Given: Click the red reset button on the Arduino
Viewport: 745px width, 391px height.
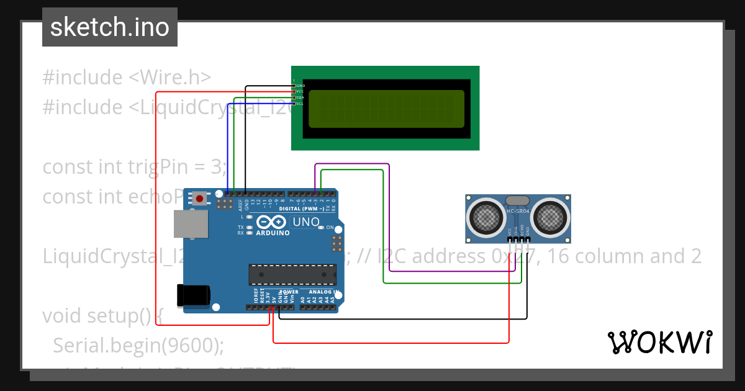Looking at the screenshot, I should (x=200, y=199).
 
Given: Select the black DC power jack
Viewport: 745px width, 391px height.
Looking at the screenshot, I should (x=192, y=295).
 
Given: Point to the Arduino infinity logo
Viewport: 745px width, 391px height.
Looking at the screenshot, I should (x=271, y=222).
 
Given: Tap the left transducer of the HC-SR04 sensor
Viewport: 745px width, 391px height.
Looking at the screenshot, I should (x=486, y=217).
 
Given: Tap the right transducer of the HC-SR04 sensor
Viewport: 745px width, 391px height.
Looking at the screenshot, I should (x=549, y=217).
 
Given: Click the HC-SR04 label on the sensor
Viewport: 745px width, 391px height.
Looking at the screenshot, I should (x=518, y=211).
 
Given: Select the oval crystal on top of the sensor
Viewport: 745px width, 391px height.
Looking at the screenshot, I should (x=518, y=200).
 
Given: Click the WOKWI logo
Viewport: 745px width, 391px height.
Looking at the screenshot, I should (x=659, y=342).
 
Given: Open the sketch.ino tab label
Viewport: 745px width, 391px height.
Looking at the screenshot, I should (x=110, y=27).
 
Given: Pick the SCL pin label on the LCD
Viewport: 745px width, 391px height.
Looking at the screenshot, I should (x=299, y=104).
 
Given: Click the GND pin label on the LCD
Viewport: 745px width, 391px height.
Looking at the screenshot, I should (x=300, y=86).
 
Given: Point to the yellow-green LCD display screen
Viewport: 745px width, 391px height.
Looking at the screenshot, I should (x=386, y=108).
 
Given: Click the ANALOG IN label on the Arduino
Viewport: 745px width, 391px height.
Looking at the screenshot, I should (x=323, y=292).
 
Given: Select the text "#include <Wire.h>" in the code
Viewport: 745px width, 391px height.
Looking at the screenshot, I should (x=127, y=78).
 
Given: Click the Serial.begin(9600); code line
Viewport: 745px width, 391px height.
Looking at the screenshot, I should (x=138, y=345).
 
